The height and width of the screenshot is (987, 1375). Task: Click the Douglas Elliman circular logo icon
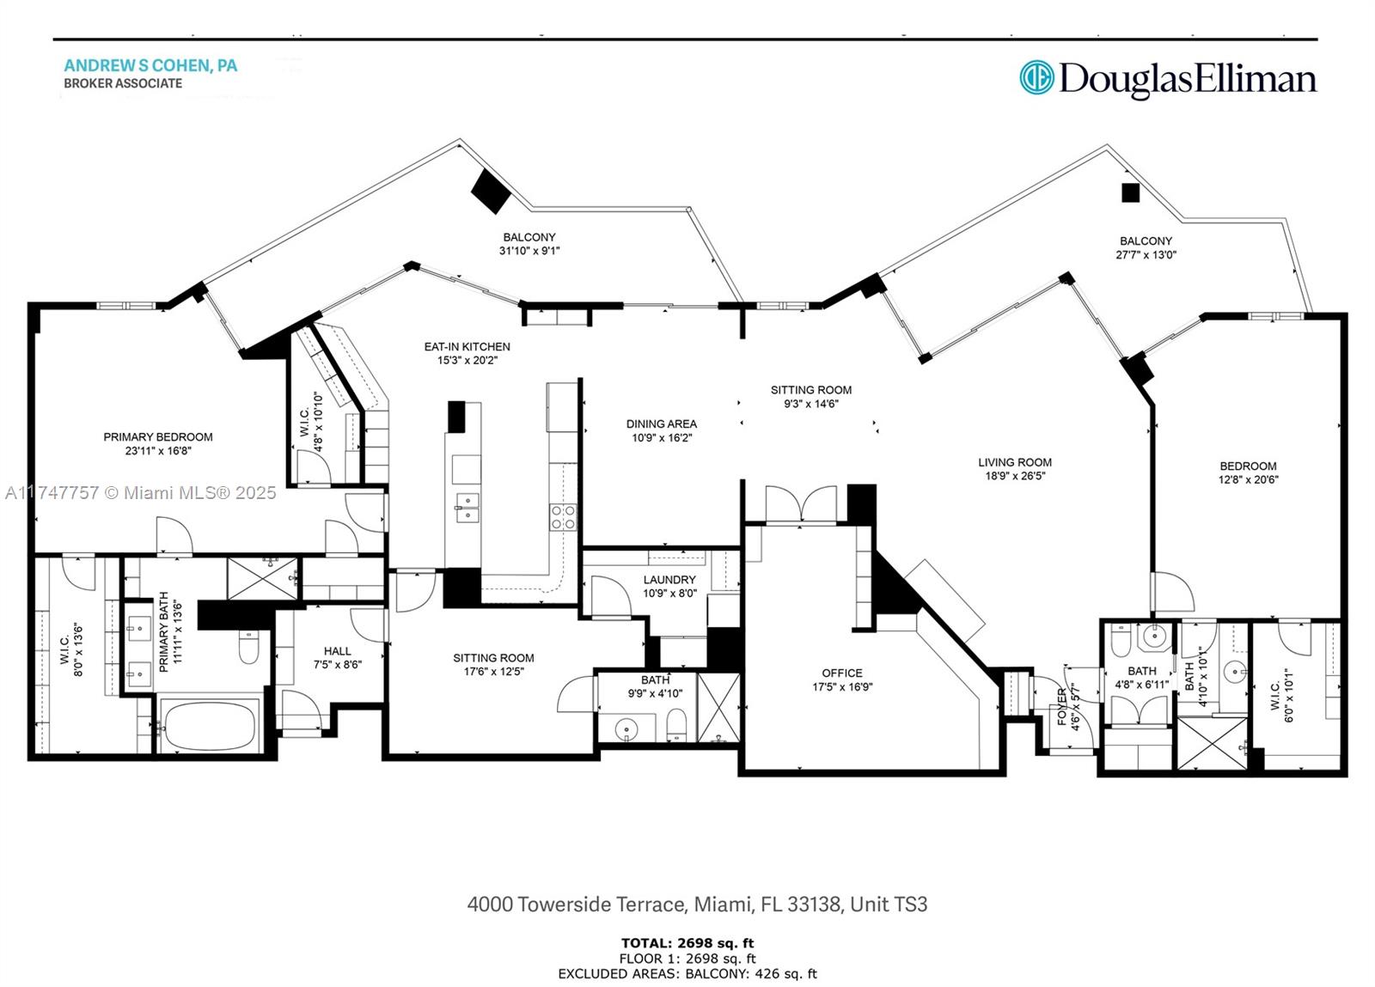[x=1036, y=77]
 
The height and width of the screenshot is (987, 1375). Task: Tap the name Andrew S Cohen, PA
[x=150, y=65]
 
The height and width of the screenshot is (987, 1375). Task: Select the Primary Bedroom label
[x=158, y=436]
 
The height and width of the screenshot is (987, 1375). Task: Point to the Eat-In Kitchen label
[x=467, y=347]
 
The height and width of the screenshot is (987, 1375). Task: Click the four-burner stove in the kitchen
[x=563, y=517]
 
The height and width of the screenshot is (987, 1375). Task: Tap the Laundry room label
[x=669, y=580]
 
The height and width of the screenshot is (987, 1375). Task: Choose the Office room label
[x=841, y=673]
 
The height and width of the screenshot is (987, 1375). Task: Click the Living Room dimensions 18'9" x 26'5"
[x=1014, y=476]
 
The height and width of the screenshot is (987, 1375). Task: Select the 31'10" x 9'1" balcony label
[x=529, y=251]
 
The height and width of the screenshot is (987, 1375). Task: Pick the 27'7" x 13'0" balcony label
[x=1145, y=254]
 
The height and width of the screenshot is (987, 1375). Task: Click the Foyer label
[x=1062, y=706]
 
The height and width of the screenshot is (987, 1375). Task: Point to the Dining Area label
[x=661, y=423]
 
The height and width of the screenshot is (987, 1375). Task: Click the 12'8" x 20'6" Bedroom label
[x=1248, y=466]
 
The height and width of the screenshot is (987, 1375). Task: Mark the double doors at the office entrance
[x=801, y=505]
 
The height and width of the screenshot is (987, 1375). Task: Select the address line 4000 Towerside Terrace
[x=697, y=905]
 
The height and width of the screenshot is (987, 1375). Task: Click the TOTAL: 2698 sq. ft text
[x=687, y=943]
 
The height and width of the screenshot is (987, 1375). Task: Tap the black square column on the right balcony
[x=1130, y=193]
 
